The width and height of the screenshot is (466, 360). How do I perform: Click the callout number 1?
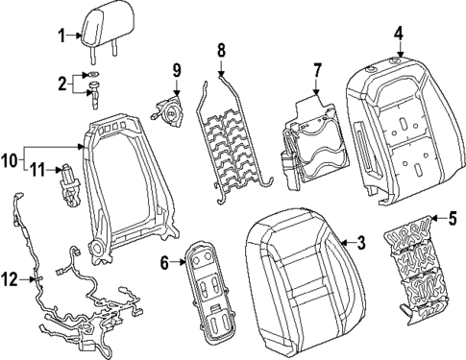(x=60, y=37)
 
